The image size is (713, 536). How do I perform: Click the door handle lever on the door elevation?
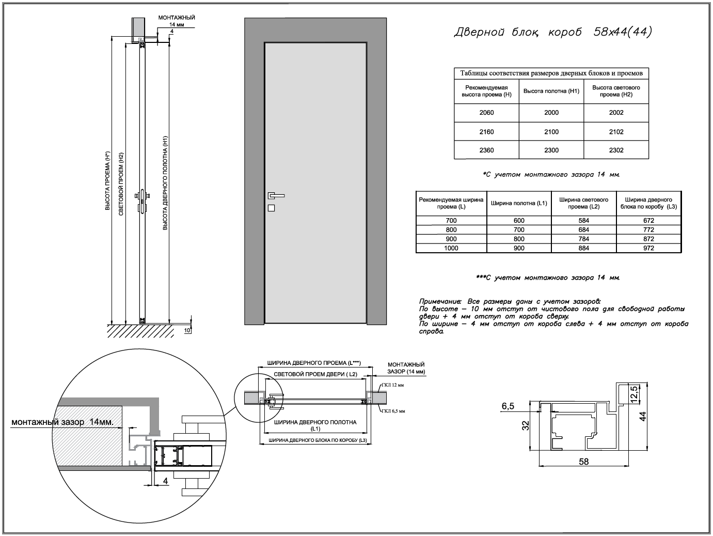pos(276,195)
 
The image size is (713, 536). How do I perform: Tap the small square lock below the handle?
pos(271,208)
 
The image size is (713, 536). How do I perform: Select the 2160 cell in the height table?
pos(486,132)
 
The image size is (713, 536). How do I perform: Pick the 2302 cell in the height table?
pos(616,150)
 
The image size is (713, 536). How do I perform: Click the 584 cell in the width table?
pos(584,220)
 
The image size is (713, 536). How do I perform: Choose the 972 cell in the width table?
pos(648,248)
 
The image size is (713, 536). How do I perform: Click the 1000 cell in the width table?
pos(451,248)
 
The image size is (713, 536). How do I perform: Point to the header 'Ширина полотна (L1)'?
pos(519,203)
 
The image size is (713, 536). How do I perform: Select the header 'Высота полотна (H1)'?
pos(551,91)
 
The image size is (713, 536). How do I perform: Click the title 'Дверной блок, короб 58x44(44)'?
pos(553,32)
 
